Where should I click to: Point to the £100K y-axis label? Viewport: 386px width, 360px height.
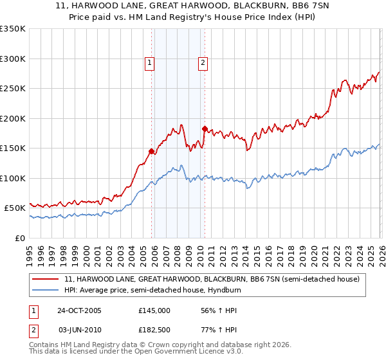click(x=13, y=178)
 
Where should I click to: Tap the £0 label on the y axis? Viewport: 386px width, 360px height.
click(x=19, y=238)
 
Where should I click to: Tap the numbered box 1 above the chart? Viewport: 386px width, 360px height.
click(x=149, y=63)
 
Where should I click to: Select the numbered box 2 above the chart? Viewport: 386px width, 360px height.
click(x=203, y=63)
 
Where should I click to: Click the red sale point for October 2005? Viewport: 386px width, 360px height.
click(x=152, y=152)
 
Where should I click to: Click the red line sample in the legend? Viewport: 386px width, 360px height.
click(x=46, y=279)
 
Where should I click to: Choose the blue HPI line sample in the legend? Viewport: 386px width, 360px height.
click(x=46, y=289)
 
